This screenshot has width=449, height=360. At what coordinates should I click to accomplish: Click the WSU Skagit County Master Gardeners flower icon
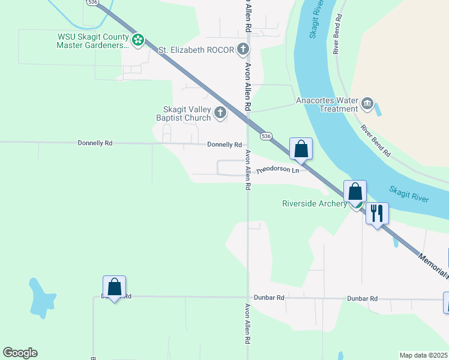pos(138,40)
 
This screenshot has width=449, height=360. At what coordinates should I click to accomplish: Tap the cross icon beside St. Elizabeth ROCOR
pos(243,49)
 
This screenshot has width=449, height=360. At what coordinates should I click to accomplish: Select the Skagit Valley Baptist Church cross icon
pos(221,112)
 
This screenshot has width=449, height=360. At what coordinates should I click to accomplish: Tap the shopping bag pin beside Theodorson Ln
pos(301,149)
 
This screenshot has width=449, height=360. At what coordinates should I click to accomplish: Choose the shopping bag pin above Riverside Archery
pos(355,191)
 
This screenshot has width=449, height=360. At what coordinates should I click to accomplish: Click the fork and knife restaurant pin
pos(377,213)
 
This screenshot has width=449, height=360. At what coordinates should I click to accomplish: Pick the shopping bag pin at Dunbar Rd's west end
pos(114,287)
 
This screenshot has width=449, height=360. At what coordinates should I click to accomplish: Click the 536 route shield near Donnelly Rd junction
pos(267,136)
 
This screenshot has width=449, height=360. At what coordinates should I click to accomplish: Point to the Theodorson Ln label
pos(278,171)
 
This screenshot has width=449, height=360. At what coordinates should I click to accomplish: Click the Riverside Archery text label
pos(315,203)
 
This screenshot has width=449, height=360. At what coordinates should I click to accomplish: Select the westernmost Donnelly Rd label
pos(95,143)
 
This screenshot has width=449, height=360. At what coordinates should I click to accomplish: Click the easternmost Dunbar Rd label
pos(365,298)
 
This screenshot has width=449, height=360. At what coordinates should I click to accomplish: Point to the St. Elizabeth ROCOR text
pos(196,49)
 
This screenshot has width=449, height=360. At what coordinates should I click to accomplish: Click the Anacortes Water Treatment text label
pos(327,105)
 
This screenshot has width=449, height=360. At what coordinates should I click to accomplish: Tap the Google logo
pos(20,353)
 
